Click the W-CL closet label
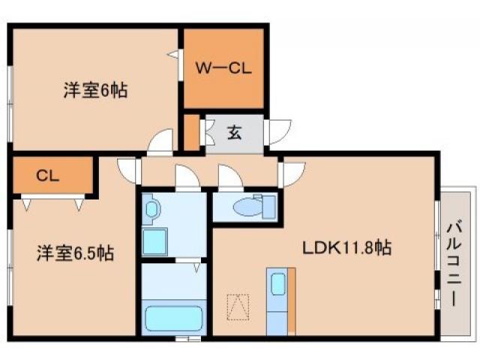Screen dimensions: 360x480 pos(223,68)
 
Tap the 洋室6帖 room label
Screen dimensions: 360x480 pos(94,91)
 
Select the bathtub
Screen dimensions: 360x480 pos(174,319)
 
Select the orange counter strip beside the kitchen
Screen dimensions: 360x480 pos(292,300)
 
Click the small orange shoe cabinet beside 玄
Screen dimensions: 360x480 pos(192,132)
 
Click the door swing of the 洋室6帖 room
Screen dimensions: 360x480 pos(160,141)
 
